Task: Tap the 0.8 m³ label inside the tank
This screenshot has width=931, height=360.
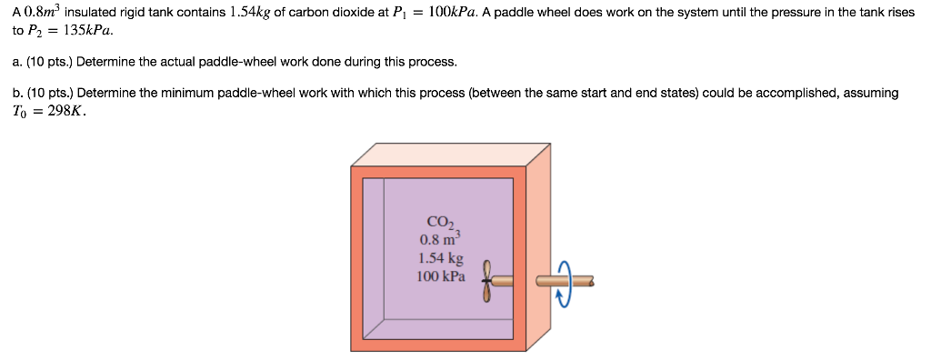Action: point(441,239)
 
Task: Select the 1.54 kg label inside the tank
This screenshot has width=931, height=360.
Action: point(440,258)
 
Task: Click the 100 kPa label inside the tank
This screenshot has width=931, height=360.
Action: point(440,276)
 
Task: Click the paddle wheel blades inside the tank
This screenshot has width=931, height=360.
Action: point(487,282)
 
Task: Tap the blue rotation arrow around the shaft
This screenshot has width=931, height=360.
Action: point(564,283)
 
